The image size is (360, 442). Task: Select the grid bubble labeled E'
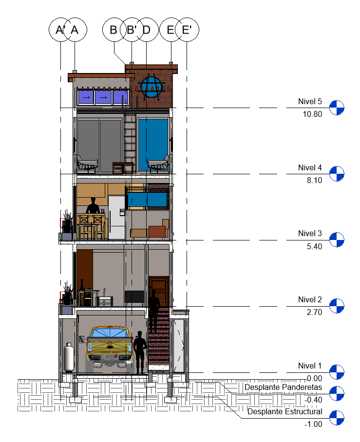coord(187,30)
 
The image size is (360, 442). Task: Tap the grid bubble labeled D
coord(147,30)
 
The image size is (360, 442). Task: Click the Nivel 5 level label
coord(310,101)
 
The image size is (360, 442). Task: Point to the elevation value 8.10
coord(314,180)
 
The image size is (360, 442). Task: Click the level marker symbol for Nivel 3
coord(337,240)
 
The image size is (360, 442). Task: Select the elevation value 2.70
coord(314,312)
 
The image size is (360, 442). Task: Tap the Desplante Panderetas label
coord(283,387)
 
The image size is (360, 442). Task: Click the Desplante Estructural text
coord(284,411)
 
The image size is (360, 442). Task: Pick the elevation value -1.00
coord(313,424)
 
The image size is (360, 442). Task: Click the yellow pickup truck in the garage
coord(110,348)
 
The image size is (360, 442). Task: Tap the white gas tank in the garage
coord(69,357)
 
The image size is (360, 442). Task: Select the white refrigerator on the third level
coord(117,217)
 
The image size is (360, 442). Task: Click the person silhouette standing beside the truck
coord(140,352)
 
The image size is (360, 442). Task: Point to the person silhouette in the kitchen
coord(93,205)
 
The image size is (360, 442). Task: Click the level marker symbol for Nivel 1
coord(337,372)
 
